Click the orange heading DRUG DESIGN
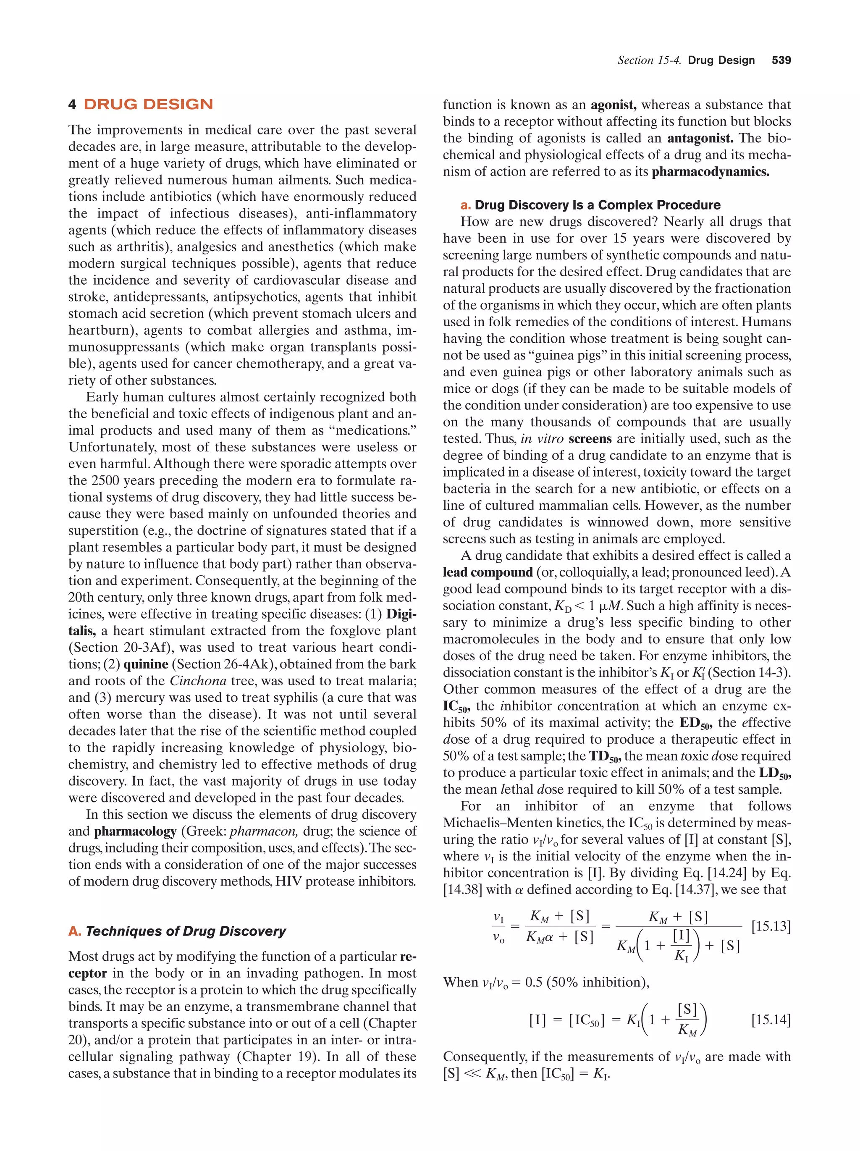148,105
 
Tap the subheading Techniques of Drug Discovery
185,931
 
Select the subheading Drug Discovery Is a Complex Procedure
597,205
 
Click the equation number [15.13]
771,927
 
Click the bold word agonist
613,105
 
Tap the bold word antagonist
700,139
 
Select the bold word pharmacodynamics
710,172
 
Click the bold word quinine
146,664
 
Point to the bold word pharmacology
135,831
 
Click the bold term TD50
605,757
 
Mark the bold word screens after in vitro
590,439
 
